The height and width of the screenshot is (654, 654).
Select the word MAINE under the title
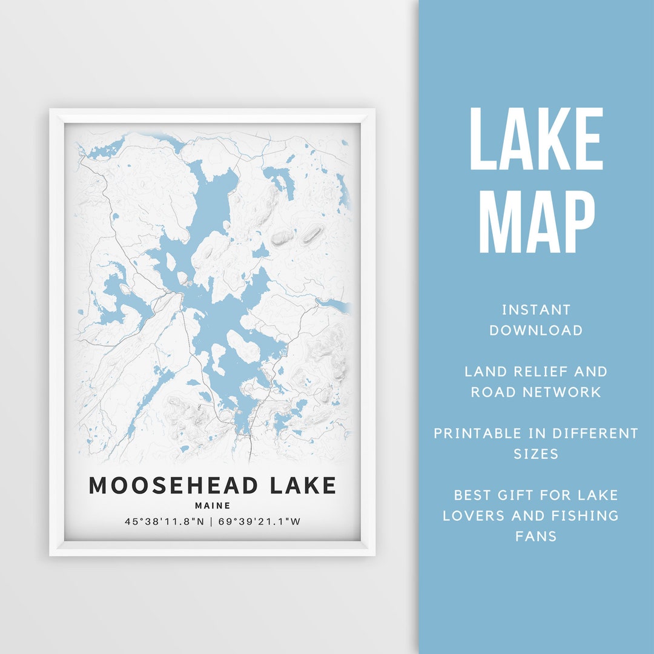coord(213,505)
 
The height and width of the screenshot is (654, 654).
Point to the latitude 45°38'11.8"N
coord(164,521)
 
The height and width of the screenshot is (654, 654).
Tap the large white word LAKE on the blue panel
coord(536,140)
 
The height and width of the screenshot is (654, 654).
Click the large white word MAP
coord(536,222)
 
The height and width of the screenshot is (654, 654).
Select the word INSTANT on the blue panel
coord(536,310)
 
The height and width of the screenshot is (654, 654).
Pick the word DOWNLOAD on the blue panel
coord(536,330)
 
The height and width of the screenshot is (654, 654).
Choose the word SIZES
coord(536,454)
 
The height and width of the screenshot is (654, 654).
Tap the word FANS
coord(536,536)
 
